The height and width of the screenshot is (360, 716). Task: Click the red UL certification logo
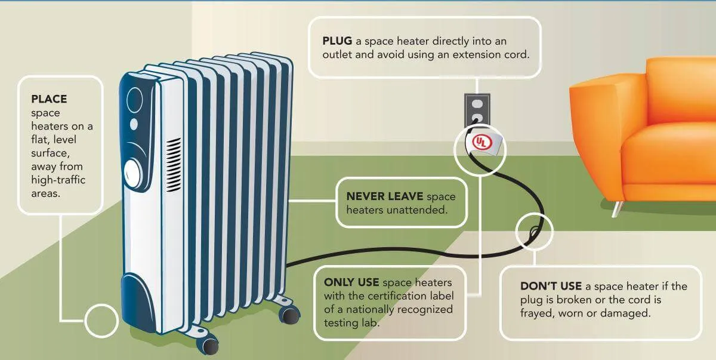pyautogui.click(x=480, y=143)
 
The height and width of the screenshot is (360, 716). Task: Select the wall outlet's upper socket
pyautogui.click(x=477, y=103)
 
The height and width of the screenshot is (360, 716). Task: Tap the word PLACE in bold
pyautogui.click(x=49, y=98)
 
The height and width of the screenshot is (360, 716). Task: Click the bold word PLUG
pyautogui.click(x=336, y=41)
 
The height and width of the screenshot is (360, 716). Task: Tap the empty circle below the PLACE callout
pyautogui.click(x=101, y=321)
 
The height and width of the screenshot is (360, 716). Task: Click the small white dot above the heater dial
pyautogui.click(x=134, y=124)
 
